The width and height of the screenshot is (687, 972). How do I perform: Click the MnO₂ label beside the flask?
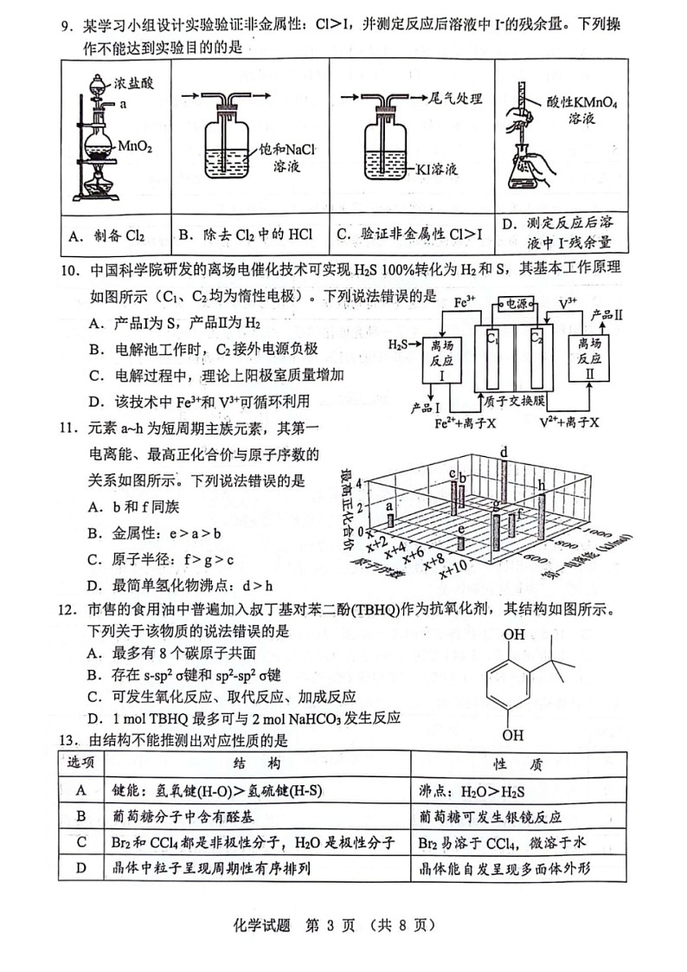click(135, 147)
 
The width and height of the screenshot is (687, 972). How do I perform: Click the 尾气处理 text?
click(455, 99)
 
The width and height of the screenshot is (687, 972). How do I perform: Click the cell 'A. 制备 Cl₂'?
click(106, 235)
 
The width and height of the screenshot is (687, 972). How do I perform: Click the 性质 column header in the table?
click(517, 762)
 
